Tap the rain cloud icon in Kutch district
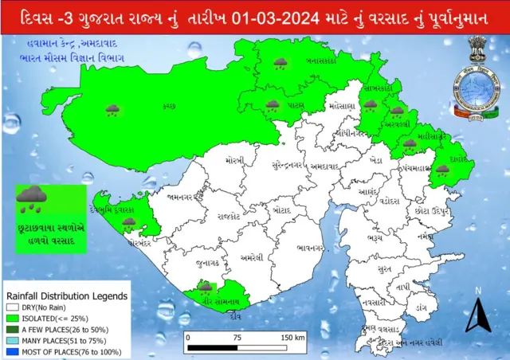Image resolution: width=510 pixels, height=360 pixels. tap(113, 109)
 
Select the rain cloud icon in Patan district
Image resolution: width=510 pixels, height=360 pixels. tap(273, 105)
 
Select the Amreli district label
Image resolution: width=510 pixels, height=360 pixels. tap(252, 256)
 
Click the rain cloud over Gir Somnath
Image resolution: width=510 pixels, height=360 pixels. tap(206, 285)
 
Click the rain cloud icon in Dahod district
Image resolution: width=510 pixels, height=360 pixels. tap(442, 169)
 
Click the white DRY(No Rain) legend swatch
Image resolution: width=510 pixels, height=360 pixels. tap(13, 305)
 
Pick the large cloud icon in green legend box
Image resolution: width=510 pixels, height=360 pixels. tap(33, 197)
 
